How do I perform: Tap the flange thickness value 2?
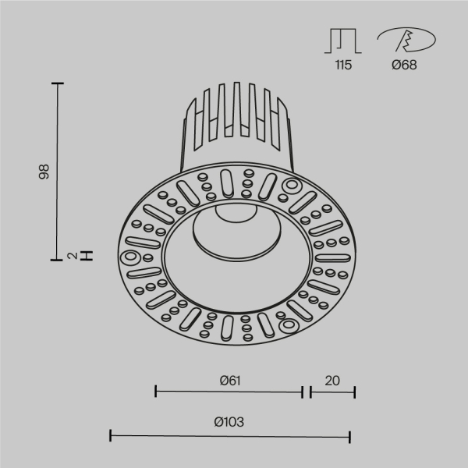[x=70, y=255]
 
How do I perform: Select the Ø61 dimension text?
[x=229, y=381]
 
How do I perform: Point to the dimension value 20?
[x=332, y=381]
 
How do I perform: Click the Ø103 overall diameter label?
[x=229, y=422]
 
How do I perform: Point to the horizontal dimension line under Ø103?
[x=229, y=435]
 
